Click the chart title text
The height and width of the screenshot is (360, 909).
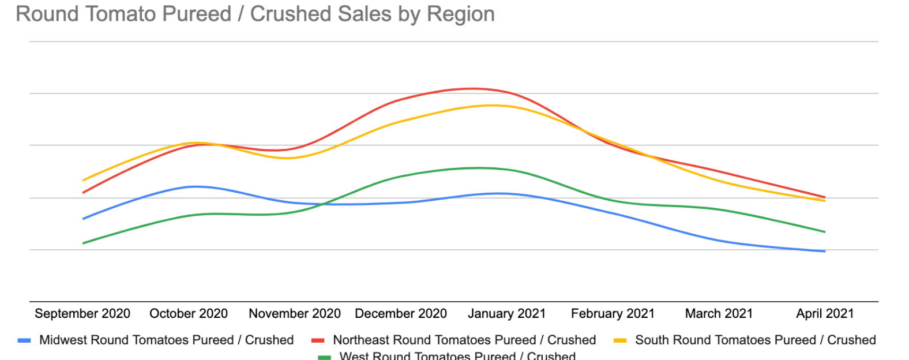pos(255,14)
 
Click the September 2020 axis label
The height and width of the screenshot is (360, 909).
pos(82,313)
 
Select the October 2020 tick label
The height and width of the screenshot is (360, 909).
pos(189,313)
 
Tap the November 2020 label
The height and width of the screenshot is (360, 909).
pos(295,313)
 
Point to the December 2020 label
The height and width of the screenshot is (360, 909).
pos(401,313)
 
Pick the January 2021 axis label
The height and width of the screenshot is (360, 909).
pos(506,313)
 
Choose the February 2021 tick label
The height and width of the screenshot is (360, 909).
pos(613,313)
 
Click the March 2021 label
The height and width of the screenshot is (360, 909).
pos(719,313)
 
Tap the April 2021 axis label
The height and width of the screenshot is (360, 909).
pos(825,313)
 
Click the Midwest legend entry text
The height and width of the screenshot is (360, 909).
pos(166,340)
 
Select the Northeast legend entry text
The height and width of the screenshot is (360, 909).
pos(464,340)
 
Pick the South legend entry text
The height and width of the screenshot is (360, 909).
pos(755,340)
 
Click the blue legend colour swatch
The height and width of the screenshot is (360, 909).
pos(24,340)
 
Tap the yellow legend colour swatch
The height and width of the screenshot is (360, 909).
pos(620,340)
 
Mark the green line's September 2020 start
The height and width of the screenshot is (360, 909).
pos(84,243)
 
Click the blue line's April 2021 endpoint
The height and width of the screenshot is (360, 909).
pos(825,251)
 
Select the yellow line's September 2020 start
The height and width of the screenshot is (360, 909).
pos(84,180)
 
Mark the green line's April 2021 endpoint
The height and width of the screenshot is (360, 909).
pos(825,232)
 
